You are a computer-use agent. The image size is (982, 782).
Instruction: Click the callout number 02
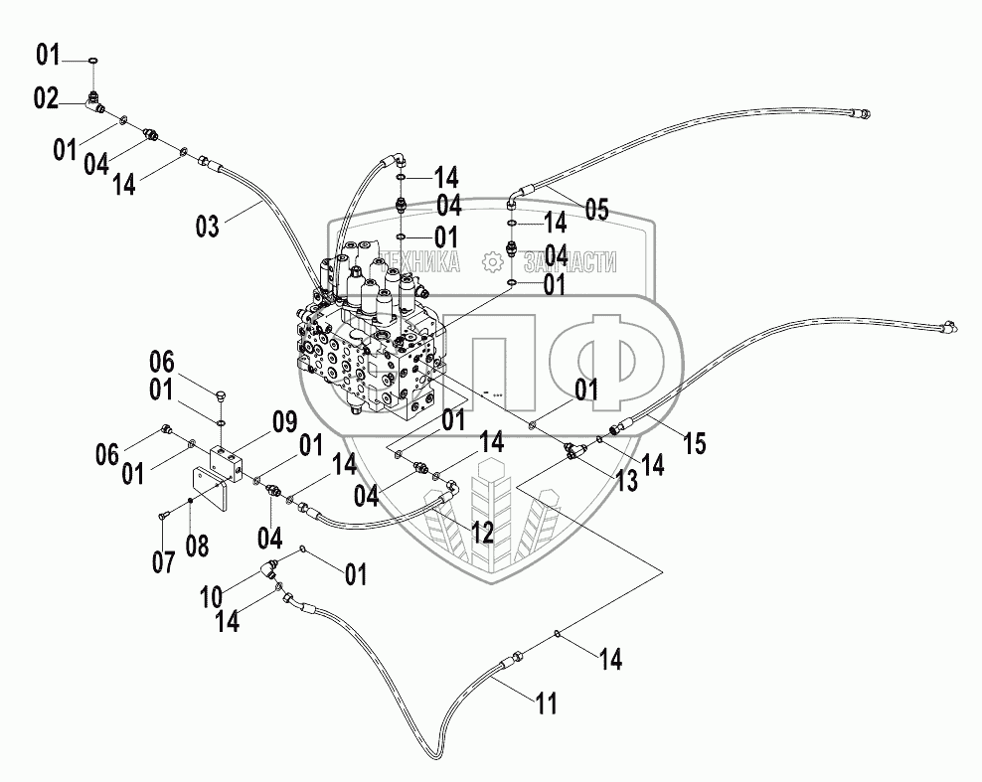click(x=46, y=99)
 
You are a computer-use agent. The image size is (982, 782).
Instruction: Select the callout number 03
click(x=208, y=226)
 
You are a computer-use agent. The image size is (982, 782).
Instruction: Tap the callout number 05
click(x=596, y=209)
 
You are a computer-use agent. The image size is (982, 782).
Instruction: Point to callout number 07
click(x=163, y=561)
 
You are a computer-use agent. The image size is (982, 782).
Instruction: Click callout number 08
click(x=197, y=546)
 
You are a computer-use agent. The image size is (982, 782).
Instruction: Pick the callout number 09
click(x=284, y=422)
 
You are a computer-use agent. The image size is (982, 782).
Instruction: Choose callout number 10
click(x=212, y=596)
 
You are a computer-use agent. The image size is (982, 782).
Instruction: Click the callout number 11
click(x=546, y=704)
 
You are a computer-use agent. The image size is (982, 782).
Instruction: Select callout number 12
click(x=483, y=533)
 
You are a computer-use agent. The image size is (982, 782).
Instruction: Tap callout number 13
click(x=625, y=481)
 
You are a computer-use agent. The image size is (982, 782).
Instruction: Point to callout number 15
click(x=694, y=443)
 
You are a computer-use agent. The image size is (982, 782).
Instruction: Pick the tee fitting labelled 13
click(x=574, y=450)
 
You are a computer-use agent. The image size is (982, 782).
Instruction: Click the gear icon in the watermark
click(x=493, y=261)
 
